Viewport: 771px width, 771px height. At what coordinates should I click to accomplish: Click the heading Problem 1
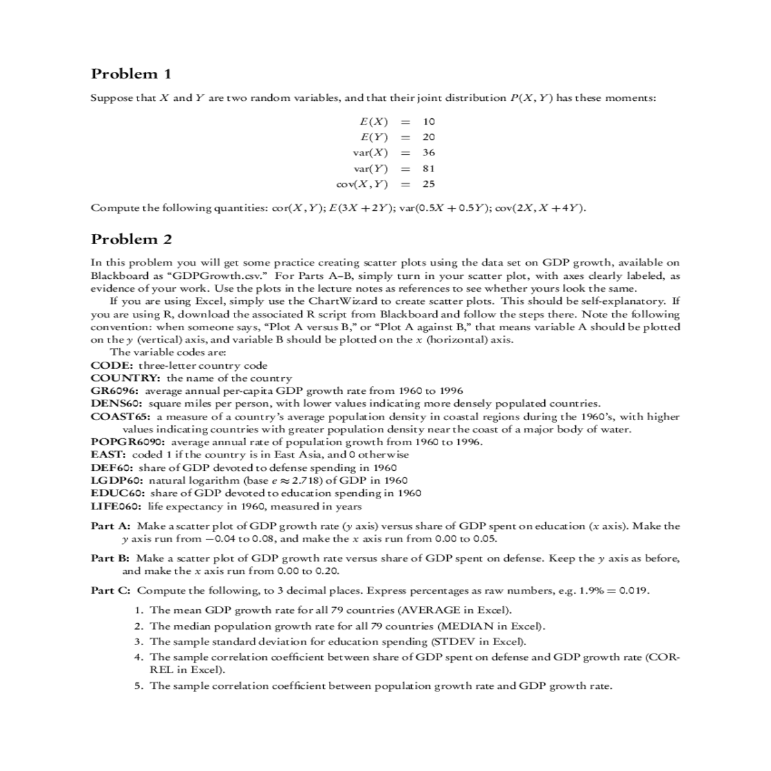point(131,74)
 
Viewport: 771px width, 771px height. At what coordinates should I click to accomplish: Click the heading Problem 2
point(132,240)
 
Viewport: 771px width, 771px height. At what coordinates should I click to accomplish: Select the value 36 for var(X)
point(429,152)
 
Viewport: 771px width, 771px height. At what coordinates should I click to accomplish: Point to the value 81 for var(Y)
point(429,168)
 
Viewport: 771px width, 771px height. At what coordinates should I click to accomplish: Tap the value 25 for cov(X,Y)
point(429,184)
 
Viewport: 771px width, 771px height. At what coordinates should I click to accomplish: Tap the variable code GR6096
point(116,391)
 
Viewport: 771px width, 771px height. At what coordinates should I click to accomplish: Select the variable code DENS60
point(118,403)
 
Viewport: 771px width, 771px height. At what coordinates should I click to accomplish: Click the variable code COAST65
point(120,416)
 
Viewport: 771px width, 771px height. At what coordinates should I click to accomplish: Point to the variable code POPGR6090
point(128,442)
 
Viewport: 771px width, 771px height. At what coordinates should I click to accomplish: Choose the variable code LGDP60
point(118,481)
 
